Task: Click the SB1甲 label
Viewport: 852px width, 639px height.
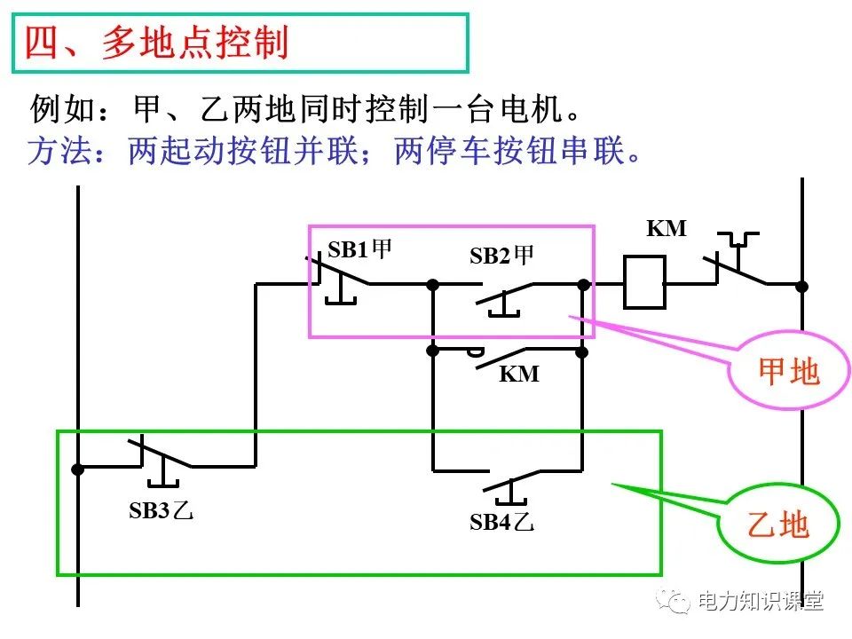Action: [x=359, y=249]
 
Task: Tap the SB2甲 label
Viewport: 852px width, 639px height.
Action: [x=501, y=256]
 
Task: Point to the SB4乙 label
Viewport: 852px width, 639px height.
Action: [x=501, y=522]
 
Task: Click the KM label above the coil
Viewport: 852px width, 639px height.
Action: [x=666, y=228]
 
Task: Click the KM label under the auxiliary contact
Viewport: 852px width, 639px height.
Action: [x=519, y=374]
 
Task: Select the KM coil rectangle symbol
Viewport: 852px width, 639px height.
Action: [x=644, y=284]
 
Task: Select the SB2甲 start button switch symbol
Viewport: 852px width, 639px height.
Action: [x=506, y=296]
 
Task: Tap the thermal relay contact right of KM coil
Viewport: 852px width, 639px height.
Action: [x=737, y=266]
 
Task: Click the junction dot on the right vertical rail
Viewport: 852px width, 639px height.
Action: [x=801, y=286]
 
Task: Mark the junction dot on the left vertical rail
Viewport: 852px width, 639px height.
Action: [x=78, y=469]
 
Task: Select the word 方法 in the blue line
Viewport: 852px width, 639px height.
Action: [x=54, y=151]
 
